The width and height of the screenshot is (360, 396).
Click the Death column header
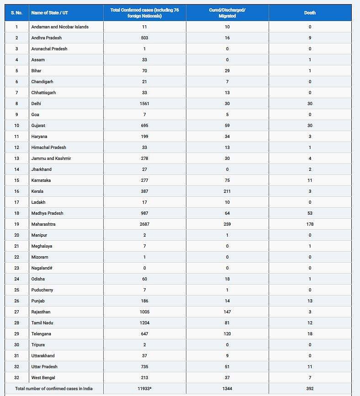pyautogui.click(x=310, y=13)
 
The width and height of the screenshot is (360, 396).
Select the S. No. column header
pyautogui.click(x=16, y=13)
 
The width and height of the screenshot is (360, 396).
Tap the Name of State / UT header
pyautogui.click(x=46, y=13)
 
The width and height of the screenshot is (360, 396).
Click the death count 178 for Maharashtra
pyautogui.click(x=310, y=224)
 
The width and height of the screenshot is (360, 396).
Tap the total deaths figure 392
pyautogui.click(x=310, y=389)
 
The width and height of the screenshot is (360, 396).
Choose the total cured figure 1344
pyautogui.click(x=227, y=389)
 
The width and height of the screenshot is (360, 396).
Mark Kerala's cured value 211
pyautogui.click(x=227, y=191)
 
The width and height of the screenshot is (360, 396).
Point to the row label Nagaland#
pyautogui.click(x=42, y=268)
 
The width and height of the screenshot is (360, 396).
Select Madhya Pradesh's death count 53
pyautogui.click(x=310, y=213)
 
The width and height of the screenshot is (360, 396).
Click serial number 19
pyautogui.click(x=16, y=224)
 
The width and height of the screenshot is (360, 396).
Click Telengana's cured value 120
pyautogui.click(x=227, y=334)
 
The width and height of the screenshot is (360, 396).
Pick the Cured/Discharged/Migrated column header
pyautogui.click(x=227, y=13)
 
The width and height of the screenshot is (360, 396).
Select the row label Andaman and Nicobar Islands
pyautogui.click(x=60, y=27)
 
